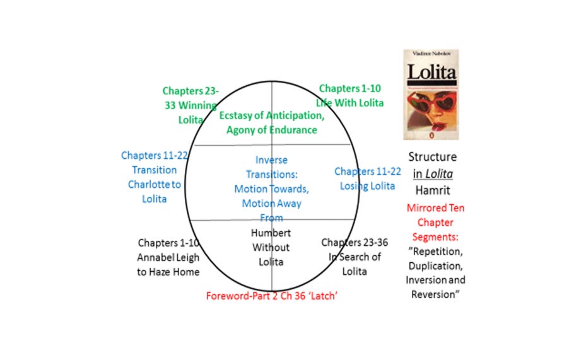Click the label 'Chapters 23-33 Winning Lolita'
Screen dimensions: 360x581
(189, 105)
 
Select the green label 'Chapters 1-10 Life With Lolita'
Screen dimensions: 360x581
(350, 96)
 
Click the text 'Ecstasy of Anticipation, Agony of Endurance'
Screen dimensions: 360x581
(272, 123)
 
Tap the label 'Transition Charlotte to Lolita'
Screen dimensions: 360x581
(155, 177)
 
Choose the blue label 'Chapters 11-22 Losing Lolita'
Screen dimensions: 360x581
(367, 178)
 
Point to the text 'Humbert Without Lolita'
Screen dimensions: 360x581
(271, 247)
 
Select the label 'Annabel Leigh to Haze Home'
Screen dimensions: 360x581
(168, 257)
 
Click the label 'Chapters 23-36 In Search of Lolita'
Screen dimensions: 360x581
(353, 257)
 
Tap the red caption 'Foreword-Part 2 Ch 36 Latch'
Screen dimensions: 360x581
(272, 296)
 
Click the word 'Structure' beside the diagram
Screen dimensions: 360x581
(432, 157)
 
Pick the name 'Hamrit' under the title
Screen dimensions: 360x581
(431, 189)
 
